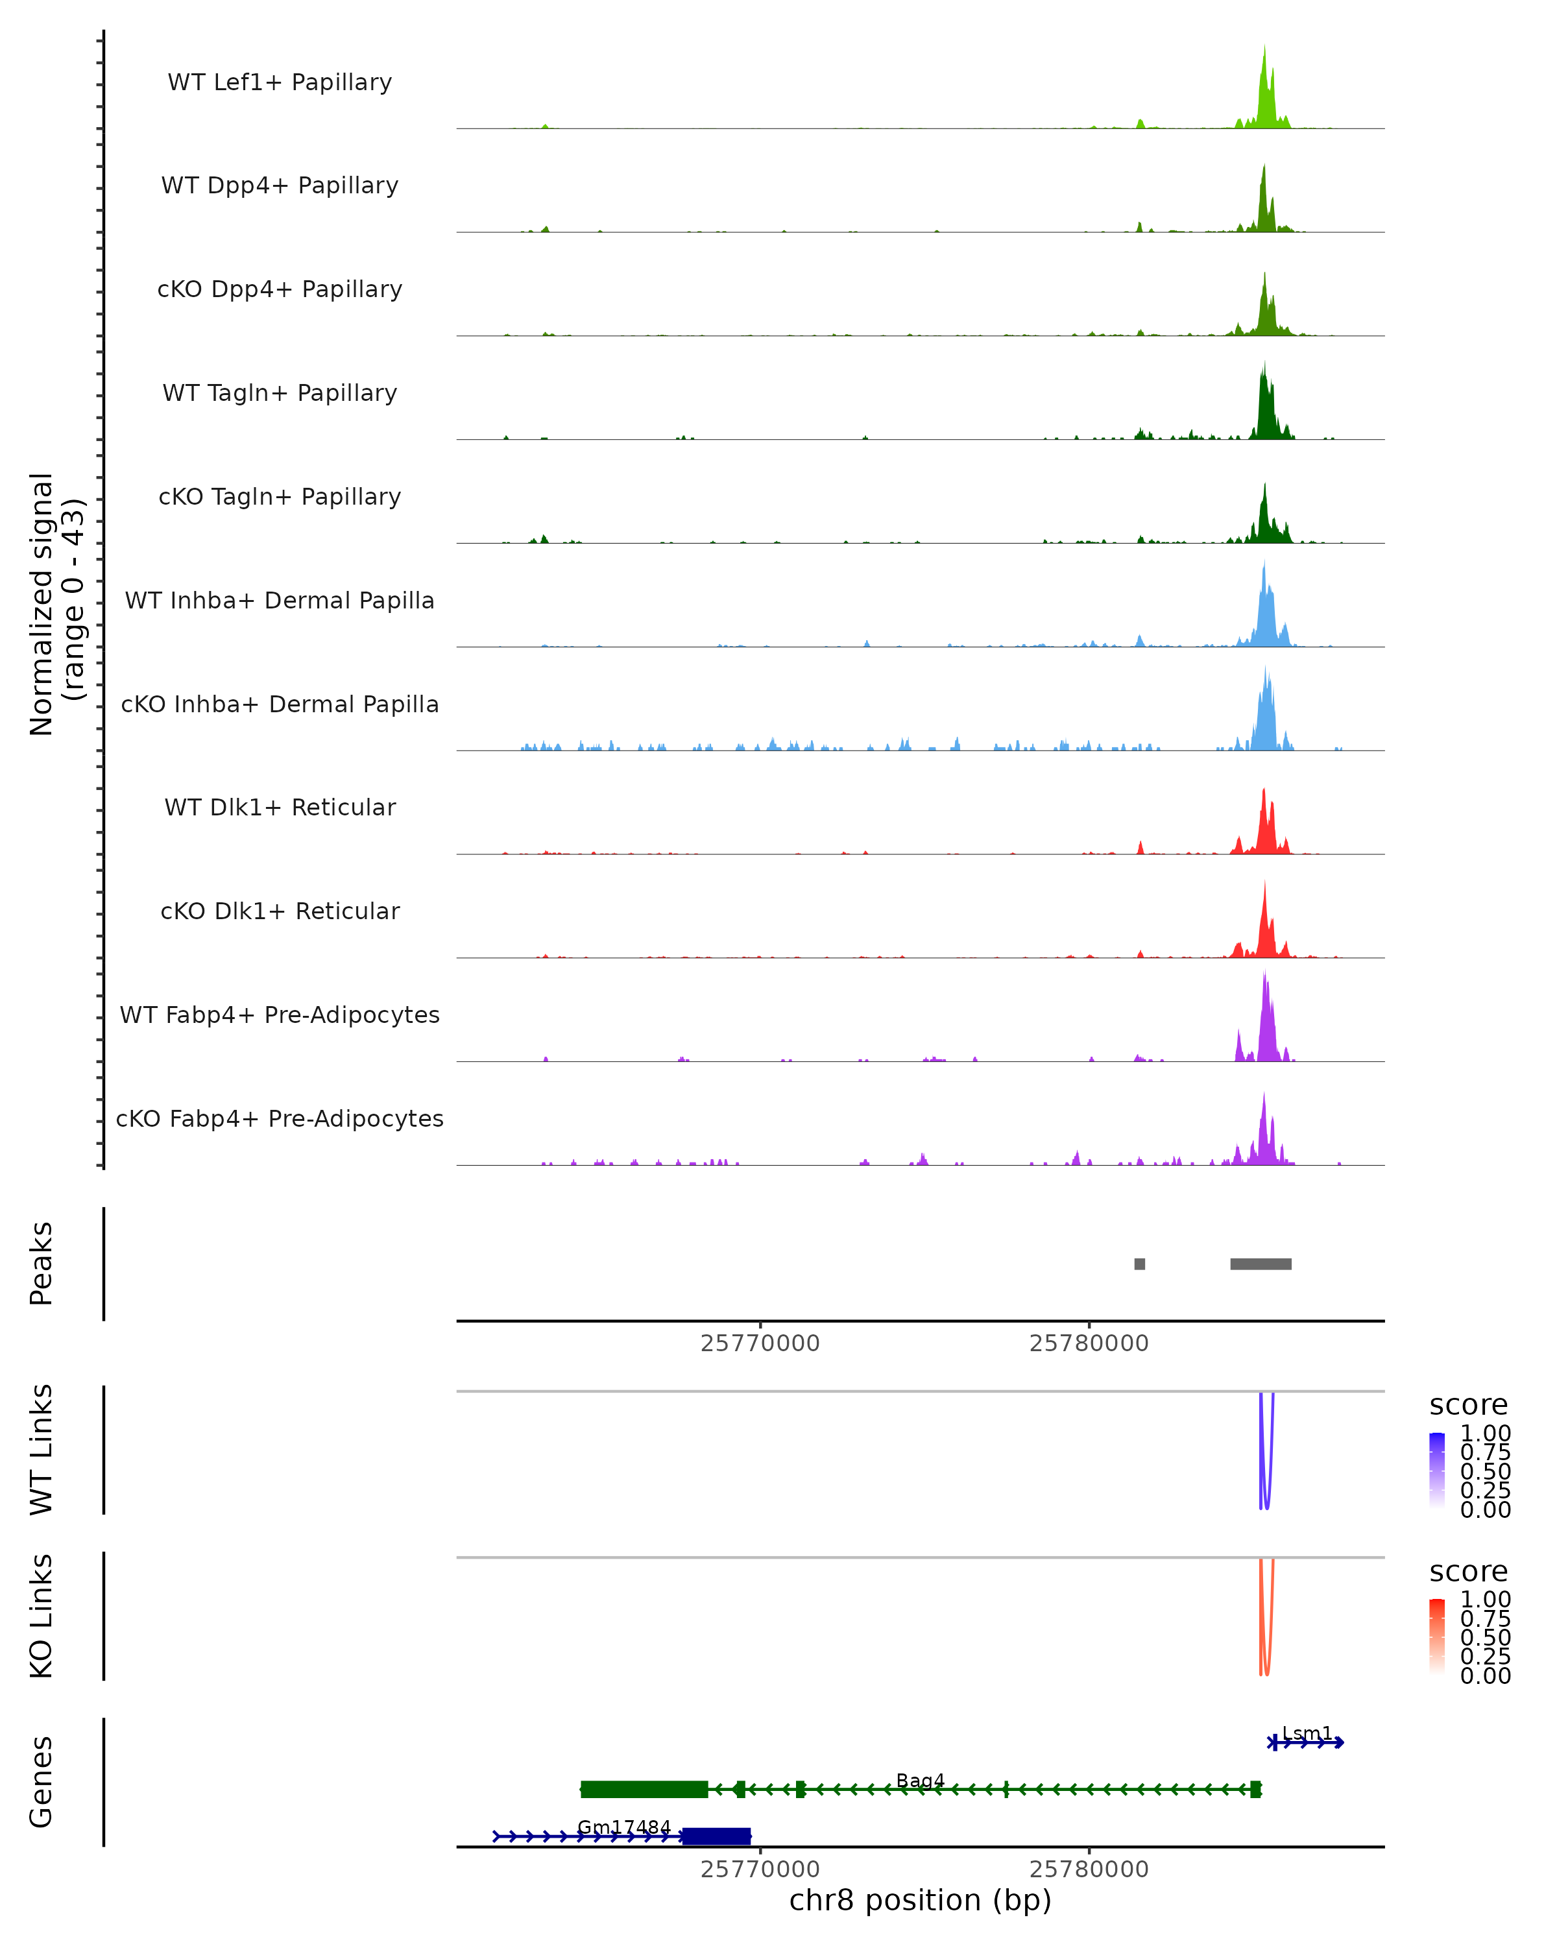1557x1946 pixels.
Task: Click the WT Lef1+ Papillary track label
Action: tap(280, 82)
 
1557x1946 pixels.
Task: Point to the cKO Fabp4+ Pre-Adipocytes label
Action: tap(280, 1118)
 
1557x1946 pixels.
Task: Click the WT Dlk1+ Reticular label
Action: tap(280, 807)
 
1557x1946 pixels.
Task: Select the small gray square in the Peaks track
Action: tap(1139, 1264)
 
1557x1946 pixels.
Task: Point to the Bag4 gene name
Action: tap(920, 1780)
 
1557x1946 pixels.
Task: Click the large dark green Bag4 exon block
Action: tap(644, 1789)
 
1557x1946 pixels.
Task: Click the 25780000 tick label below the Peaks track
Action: tap(1089, 1343)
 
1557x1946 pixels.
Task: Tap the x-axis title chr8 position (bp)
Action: tap(920, 1900)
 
